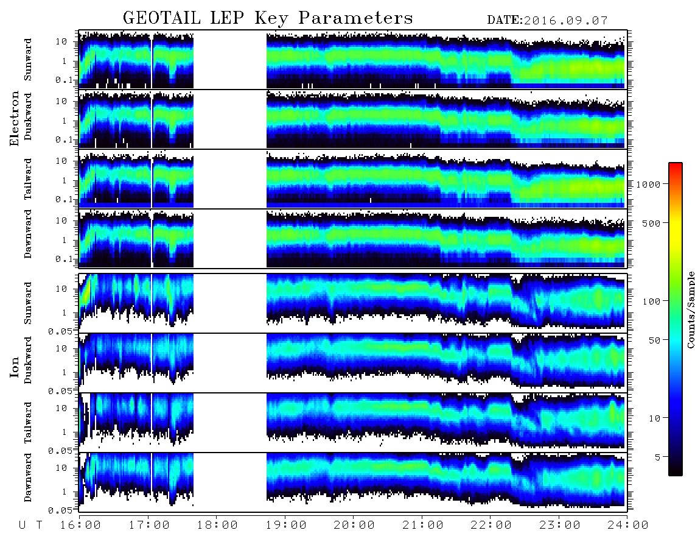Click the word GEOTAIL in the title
pyautogui.click(x=162, y=18)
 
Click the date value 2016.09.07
pyautogui.click(x=565, y=21)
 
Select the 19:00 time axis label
pyautogui.click(x=286, y=526)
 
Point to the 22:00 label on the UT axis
pyautogui.click(x=491, y=526)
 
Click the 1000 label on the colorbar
pyautogui.click(x=648, y=185)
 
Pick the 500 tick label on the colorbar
pyautogui.click(x=651, y=223)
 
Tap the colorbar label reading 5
pyautogui.click(x=658, y=457)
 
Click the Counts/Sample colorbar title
pyautogui.click(x=690, y=309)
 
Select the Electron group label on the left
pyautogui.click(x=15, y=119)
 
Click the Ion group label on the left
pyautogui.click(x=15, y=367)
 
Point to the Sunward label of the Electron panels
pyautogui.click(x=28, y=60)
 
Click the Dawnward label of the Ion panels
pyautogui.click(x=28, y=478)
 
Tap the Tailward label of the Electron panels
pyautogui.click(x=28, y=179)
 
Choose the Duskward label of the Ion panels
pyautogui.click(x=28, y=361)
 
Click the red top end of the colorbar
pyautogui.click(x=676, y=165)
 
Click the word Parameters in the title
pyautogui.click(x=355, y=18)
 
